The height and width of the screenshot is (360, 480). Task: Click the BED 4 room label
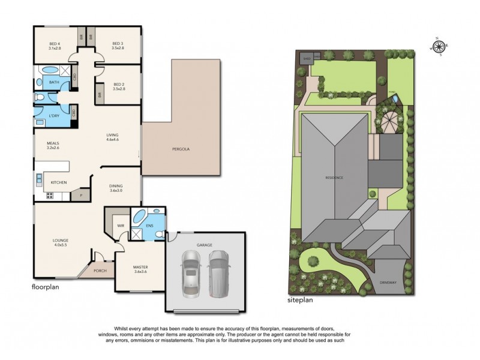(56, 43)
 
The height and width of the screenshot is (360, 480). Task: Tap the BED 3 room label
(118, 43)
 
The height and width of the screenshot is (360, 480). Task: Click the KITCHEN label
(58, 182)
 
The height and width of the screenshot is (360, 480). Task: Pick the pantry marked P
(80, 195)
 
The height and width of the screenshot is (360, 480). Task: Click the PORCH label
(100, 271)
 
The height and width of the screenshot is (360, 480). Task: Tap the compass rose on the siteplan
(439, 46)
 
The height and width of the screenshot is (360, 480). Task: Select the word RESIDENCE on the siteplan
(334, 178)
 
